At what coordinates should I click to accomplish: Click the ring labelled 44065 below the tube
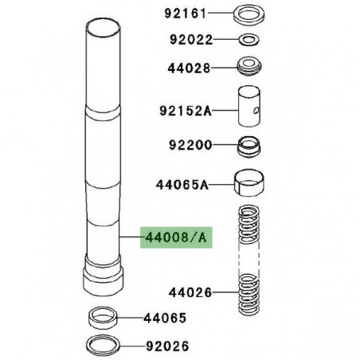click(104, 318)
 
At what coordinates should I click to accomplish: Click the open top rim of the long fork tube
click(104, 33)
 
